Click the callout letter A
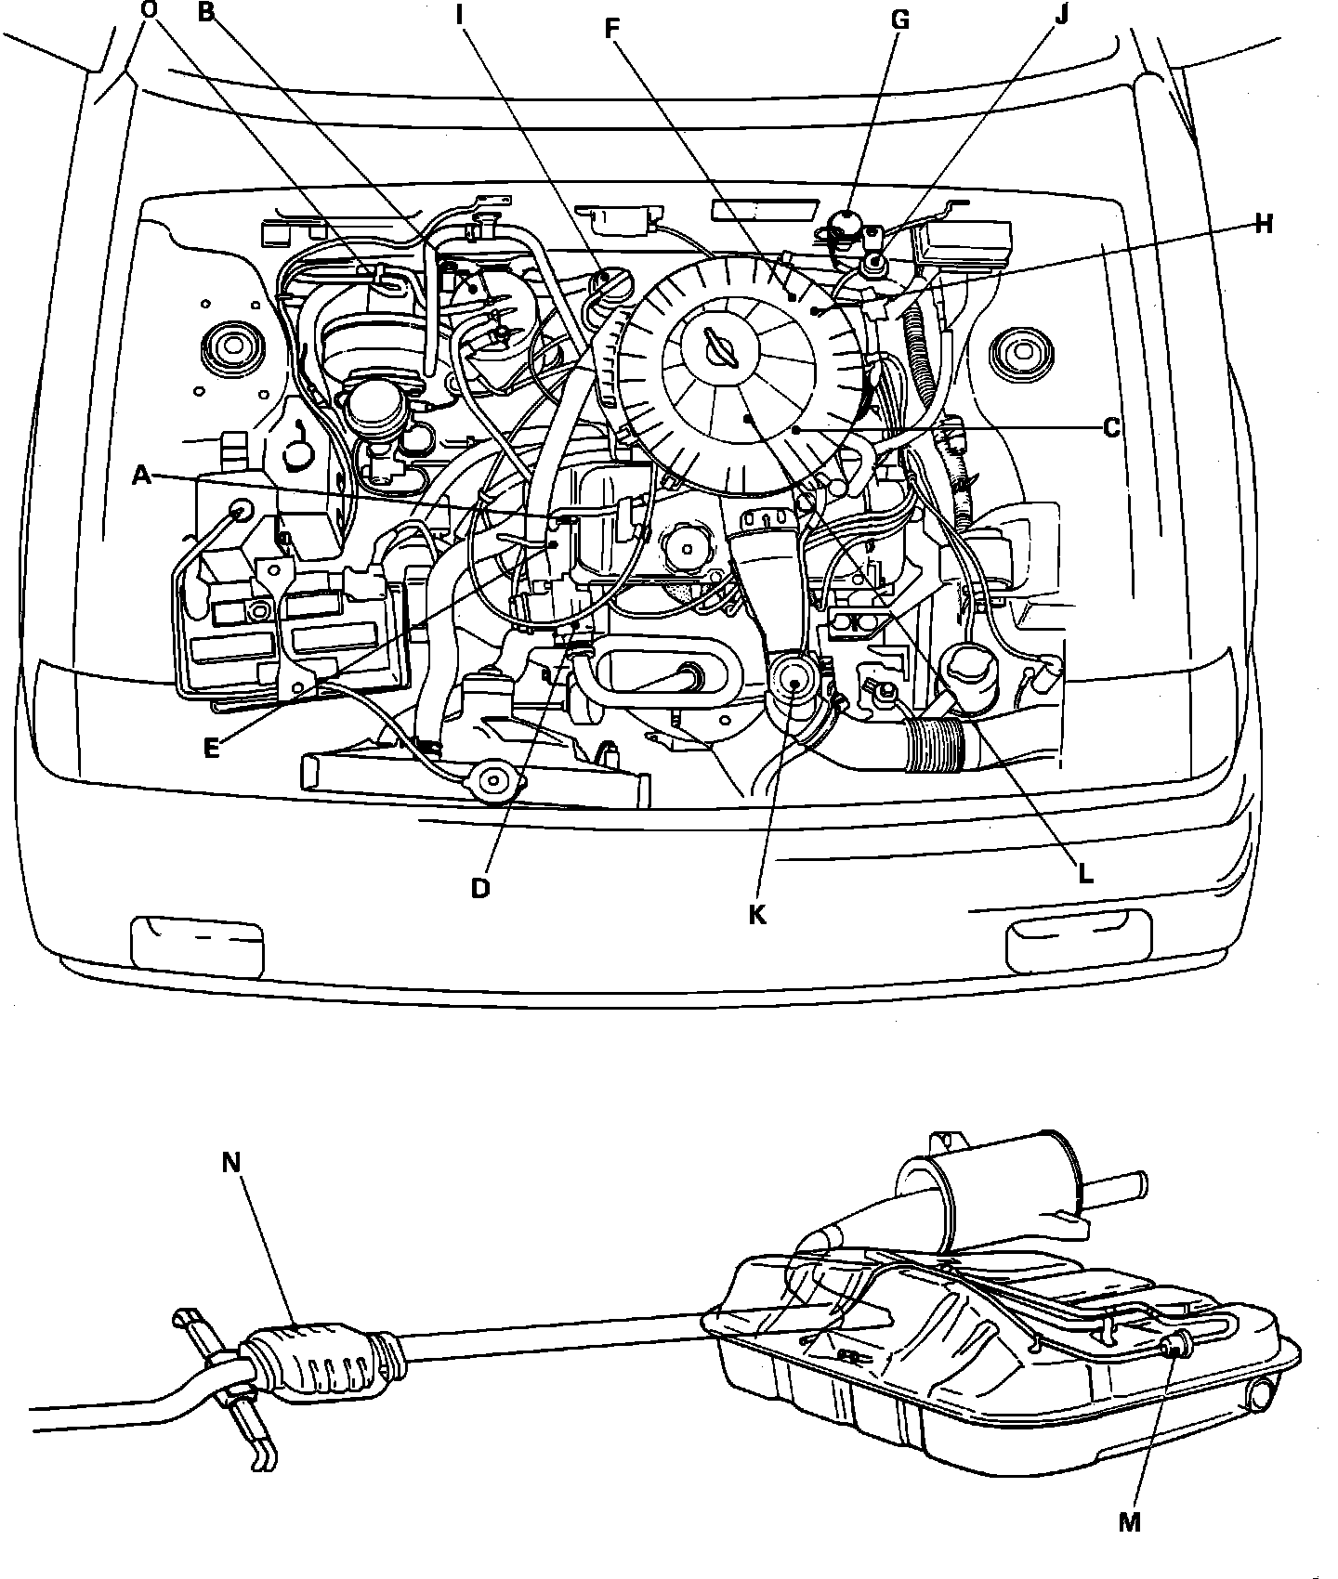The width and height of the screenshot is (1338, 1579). coord(141,476)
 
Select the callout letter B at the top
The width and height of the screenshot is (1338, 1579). coord(206,12)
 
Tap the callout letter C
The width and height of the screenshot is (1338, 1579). coord(1110,428)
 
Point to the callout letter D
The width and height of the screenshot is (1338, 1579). coord(479,888)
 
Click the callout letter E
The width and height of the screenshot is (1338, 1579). coord(213,747)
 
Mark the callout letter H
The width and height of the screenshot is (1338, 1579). coord(1263,225)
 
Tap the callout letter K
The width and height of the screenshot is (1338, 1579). coord(757,915)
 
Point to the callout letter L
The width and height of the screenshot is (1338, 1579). coord(1084,874)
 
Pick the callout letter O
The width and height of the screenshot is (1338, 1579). coord(148,10)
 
